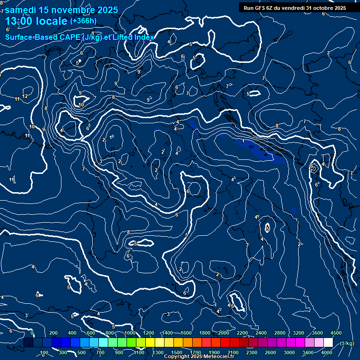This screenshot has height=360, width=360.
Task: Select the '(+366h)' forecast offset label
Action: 83,21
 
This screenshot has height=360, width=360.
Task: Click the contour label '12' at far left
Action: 25,96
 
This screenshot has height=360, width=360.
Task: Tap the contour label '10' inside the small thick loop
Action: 81,105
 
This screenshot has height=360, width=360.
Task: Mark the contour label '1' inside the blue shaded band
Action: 243,141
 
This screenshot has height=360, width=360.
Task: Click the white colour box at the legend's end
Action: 328,343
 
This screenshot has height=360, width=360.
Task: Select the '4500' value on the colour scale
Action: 336,332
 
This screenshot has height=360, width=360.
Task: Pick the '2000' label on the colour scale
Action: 224,332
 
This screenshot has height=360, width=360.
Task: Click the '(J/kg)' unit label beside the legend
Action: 346,343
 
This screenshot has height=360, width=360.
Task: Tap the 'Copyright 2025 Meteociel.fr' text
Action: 199,357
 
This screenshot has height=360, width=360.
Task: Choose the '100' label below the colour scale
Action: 44,352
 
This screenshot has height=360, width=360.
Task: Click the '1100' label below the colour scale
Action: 139,352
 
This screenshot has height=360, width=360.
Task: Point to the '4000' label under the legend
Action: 327,352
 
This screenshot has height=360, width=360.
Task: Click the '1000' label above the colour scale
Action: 130,332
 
